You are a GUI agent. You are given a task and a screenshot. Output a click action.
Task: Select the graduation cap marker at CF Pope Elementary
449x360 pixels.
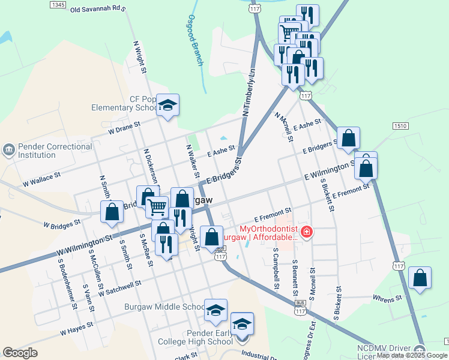pyautogui.click(x=168, y=106)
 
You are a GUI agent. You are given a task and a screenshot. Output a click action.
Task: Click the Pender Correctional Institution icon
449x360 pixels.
pyautogui.click(x=9, y=149)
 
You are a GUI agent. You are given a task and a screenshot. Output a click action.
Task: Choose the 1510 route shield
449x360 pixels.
pyautogui.click(x=401, y=125)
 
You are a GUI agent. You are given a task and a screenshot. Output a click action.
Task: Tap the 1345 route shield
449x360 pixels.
pyautogui.click(x=58, y=5)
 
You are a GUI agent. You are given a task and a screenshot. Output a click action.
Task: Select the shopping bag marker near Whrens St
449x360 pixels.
pyautogui.click(x=420, y=278)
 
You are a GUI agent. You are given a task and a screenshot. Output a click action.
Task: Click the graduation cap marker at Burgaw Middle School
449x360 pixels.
pyautogui.click(x=216, y=310)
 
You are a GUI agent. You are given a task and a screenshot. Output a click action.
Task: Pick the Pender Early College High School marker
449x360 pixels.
pyautogui.click(x=242, y=324)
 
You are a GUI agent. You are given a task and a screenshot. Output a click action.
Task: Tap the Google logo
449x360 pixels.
pyautogui.click(x=20, y=353)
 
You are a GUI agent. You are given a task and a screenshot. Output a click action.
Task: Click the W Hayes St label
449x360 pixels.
pyautogui.click(x=77, y=328)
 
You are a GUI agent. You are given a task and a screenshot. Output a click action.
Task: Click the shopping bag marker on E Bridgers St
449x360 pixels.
pyautogui.click(x=348, y=139)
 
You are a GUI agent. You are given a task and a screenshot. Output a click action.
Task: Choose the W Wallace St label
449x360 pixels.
pyautogui.click(x=42, y=179)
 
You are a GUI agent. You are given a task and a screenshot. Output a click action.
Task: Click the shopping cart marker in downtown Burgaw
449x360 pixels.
pyautogui.click(x=157, y=208)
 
